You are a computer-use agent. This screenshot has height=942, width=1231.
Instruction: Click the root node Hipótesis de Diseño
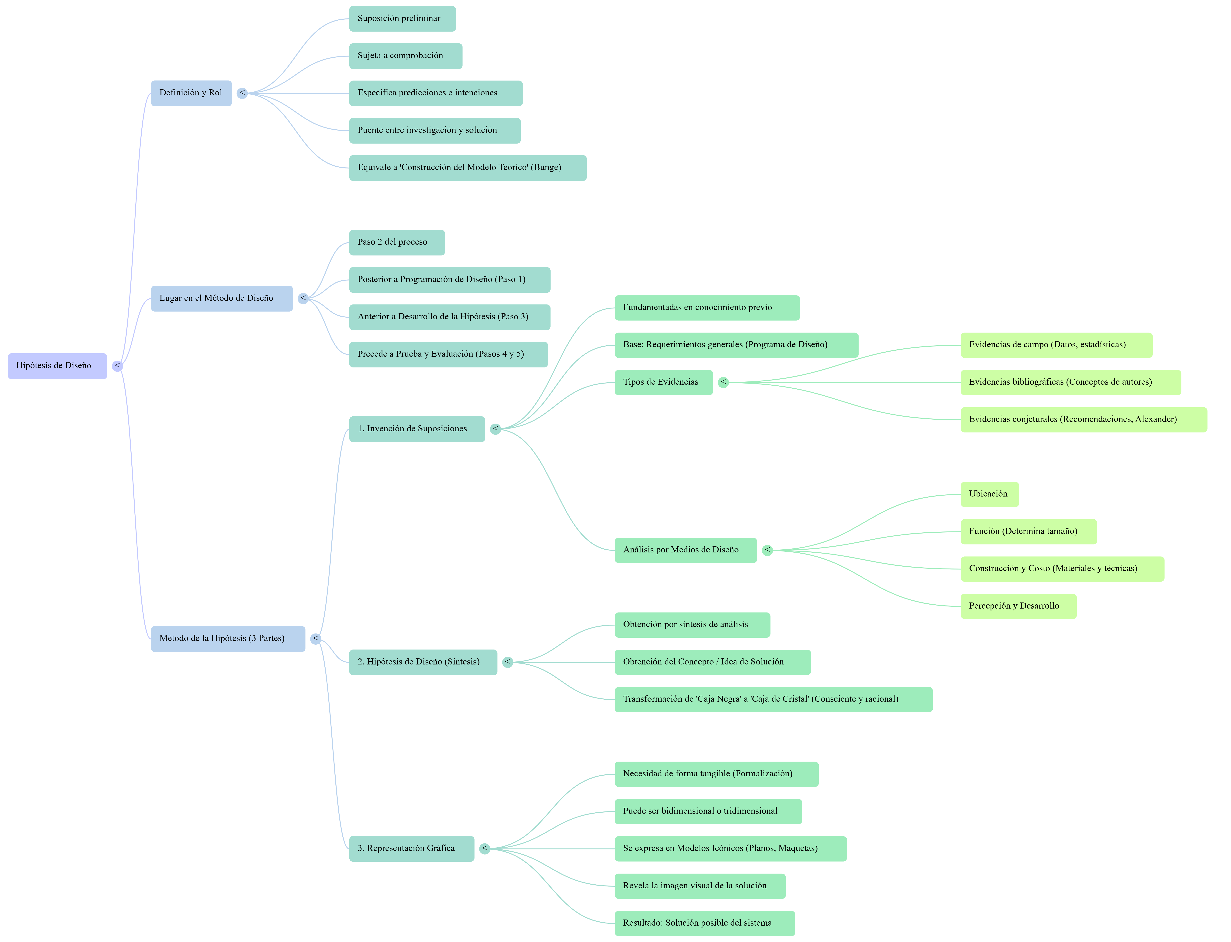pos(57,366)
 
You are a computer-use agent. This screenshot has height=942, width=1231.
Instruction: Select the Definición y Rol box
pos(191,93)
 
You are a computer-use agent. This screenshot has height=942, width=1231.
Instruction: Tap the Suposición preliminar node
pos(402,19)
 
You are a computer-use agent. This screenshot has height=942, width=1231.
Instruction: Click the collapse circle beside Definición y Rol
pos(242,93)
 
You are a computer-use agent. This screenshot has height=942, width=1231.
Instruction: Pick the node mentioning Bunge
pos(467,168)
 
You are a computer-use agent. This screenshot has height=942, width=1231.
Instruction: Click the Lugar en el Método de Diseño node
pos(222,298)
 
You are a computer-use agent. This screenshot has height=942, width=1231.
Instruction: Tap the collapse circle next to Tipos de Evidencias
pos(723,382)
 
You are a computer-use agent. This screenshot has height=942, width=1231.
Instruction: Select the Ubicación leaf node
pos(989,494)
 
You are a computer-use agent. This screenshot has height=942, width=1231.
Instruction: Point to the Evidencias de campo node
pos(1056,345)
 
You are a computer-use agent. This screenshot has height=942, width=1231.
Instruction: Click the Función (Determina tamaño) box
pos(1028,532)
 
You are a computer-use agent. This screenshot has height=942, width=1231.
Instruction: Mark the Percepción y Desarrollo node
pos(1018,606)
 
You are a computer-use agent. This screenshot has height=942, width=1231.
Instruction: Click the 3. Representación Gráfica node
pos(411,848)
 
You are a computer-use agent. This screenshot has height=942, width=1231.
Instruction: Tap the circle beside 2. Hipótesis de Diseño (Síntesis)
pos(507,662)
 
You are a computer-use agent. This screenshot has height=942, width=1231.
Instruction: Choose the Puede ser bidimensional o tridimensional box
pos(708,811)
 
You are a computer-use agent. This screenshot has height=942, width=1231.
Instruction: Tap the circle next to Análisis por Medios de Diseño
pos(767,550)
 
